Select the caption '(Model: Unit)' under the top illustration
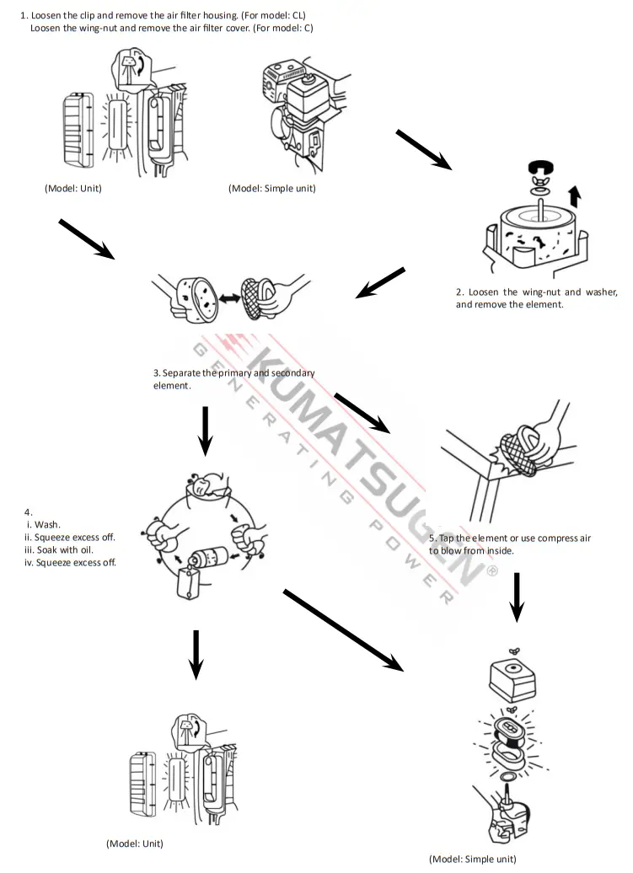coord(72,188)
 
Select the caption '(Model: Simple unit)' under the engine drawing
coord(271,188)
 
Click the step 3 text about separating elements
coord(233,378)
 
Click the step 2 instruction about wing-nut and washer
coord(536,297)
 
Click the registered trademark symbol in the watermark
coord(492,570)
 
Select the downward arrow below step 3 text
coord(204,429)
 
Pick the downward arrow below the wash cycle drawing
coord(196,653)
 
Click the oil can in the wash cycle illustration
coord(188,584)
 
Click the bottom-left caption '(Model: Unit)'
coord(135,843)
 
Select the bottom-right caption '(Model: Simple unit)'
coord(472,859)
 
